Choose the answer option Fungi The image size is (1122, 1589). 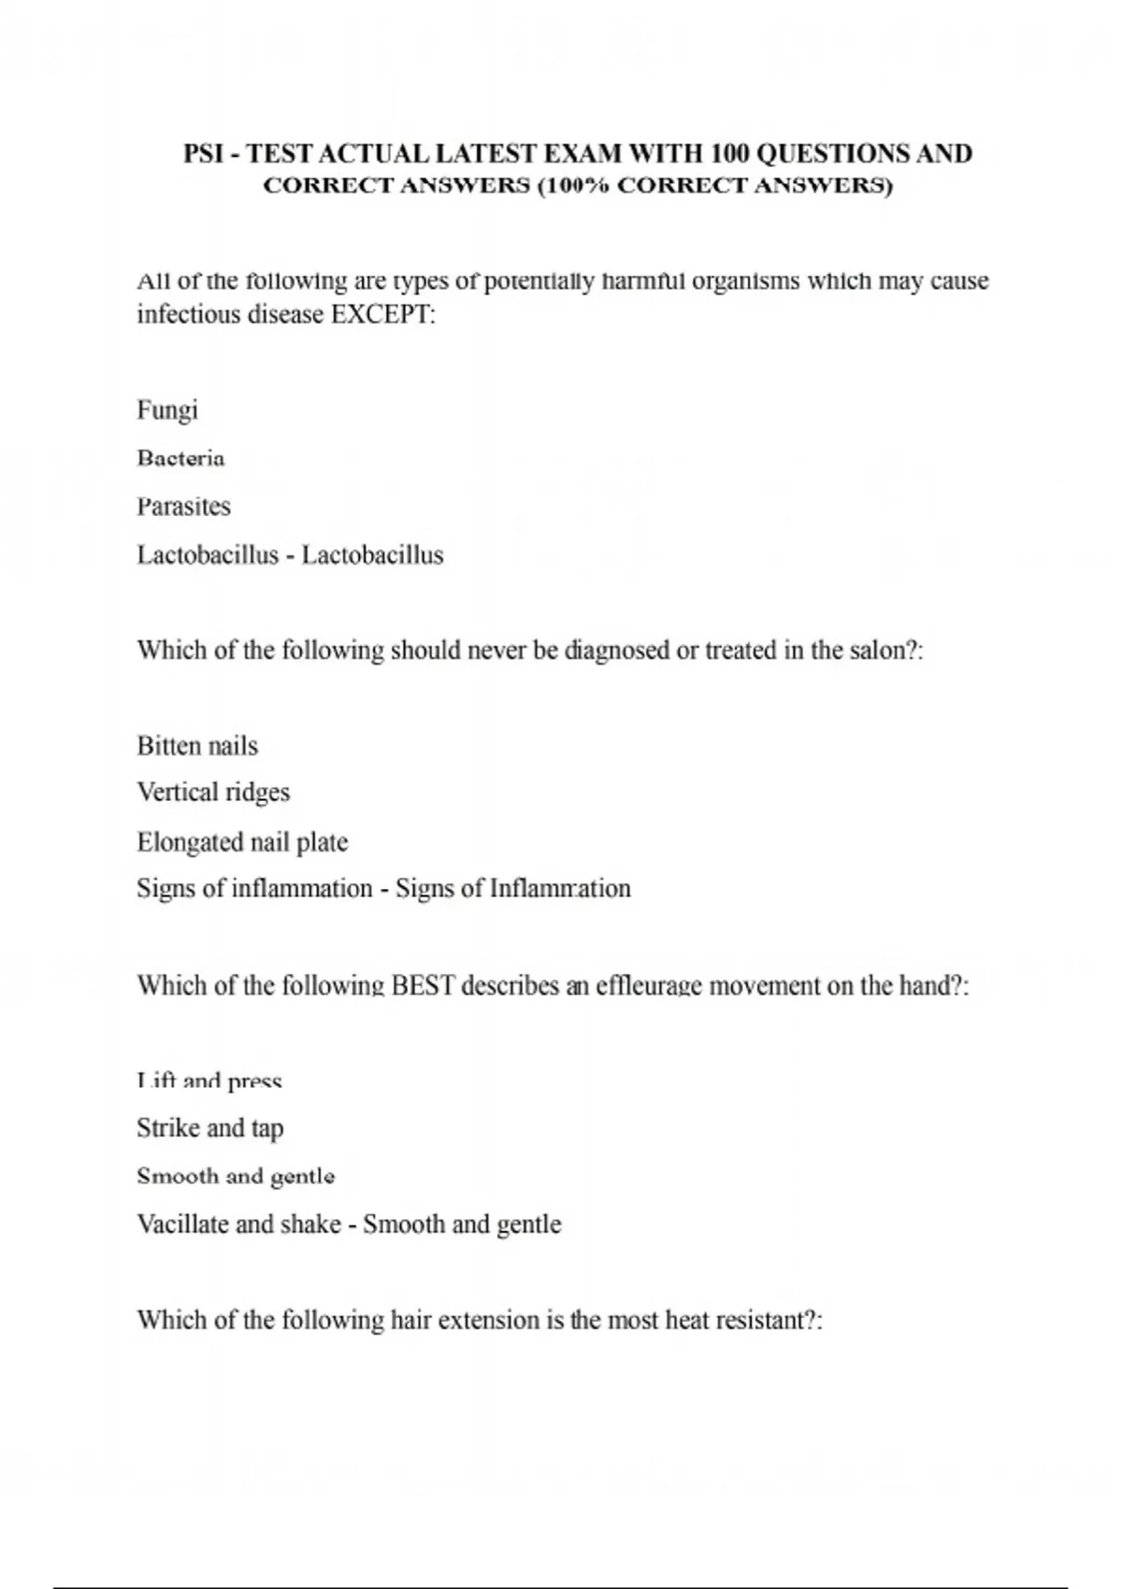pos(167,410)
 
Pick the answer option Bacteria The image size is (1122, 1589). pos(180,458)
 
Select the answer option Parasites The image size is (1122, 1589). pos(183,507)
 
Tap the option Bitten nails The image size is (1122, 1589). pos(197,746)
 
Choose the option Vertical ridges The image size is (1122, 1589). pos(213,793)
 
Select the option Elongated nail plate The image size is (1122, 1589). pos(242,842)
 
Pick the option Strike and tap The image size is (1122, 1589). pos(209,1128)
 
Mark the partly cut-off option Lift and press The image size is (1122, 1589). pos(209,1082)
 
